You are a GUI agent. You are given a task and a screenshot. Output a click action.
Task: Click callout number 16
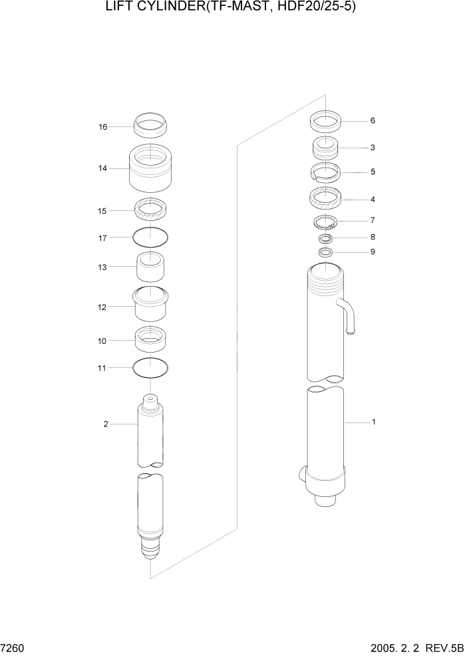click(103, 126)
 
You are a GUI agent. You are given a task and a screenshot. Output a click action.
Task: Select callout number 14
click(103, 168)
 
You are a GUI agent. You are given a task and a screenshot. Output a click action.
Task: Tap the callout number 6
click(373, 121)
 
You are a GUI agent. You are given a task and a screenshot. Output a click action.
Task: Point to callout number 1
click(373, 422)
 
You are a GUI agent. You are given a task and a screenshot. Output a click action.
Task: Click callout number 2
click(106, 424)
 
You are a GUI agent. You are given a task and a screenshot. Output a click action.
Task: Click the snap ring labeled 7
click(326, 222)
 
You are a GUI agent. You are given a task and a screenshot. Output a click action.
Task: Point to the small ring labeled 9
click(325, 251)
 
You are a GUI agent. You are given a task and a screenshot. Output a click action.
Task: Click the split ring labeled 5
click(326, 172)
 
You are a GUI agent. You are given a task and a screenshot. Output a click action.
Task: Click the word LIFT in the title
click(119, 8)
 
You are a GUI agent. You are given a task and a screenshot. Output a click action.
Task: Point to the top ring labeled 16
click(151, 124)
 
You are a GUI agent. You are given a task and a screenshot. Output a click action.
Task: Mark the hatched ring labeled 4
click(326, 198)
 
